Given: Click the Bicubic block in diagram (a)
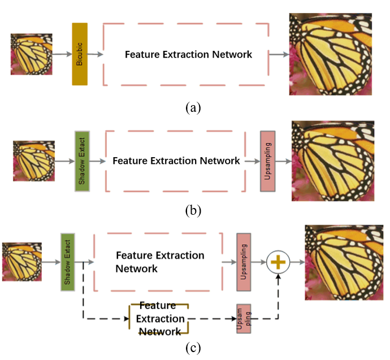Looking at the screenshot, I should pos(80,54).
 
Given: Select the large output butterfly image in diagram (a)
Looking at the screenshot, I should pos(331,54).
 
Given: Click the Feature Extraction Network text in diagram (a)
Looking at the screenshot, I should pos(188,55).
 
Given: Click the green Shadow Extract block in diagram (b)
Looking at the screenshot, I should pos(83,161).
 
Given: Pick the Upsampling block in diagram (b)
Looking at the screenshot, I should pos(267,161).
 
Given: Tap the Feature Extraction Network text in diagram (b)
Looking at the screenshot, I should pos(176,161).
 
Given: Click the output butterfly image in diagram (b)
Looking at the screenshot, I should pos(332,161).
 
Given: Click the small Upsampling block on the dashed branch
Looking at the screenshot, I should pos(244,319).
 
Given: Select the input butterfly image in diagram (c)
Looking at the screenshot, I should pos(21,262).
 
